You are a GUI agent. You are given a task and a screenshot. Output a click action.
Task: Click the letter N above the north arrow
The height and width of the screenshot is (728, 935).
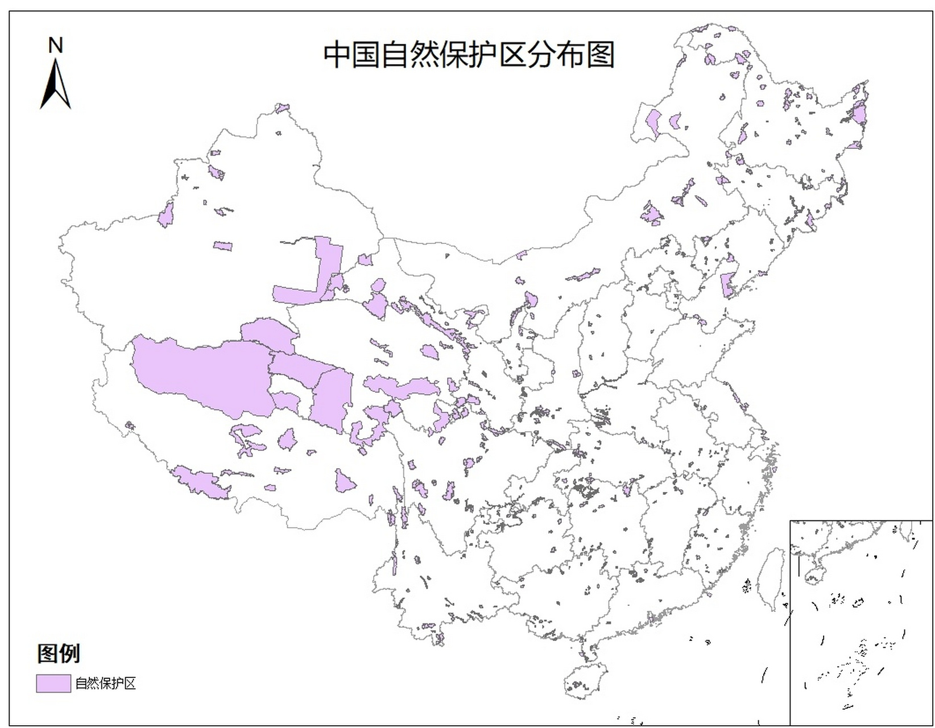[x=55, y=45]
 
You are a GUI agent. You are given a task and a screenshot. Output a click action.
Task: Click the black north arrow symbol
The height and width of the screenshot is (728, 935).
[x=55, y=85]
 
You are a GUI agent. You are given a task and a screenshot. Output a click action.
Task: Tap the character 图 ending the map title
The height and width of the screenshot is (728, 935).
[x=601, y=55]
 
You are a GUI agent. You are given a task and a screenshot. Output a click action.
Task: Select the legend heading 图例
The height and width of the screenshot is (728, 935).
[x=59, y=653]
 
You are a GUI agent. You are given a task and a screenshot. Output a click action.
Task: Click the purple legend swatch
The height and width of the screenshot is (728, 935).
[x=53, y=683]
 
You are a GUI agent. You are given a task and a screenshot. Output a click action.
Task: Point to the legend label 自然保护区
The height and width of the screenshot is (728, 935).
[x=106, y=683]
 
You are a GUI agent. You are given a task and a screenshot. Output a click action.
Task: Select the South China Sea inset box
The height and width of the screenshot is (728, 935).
[x=861, y=623]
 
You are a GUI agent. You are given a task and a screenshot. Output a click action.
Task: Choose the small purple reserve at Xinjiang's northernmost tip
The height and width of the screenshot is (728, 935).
[x=282, y=108]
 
